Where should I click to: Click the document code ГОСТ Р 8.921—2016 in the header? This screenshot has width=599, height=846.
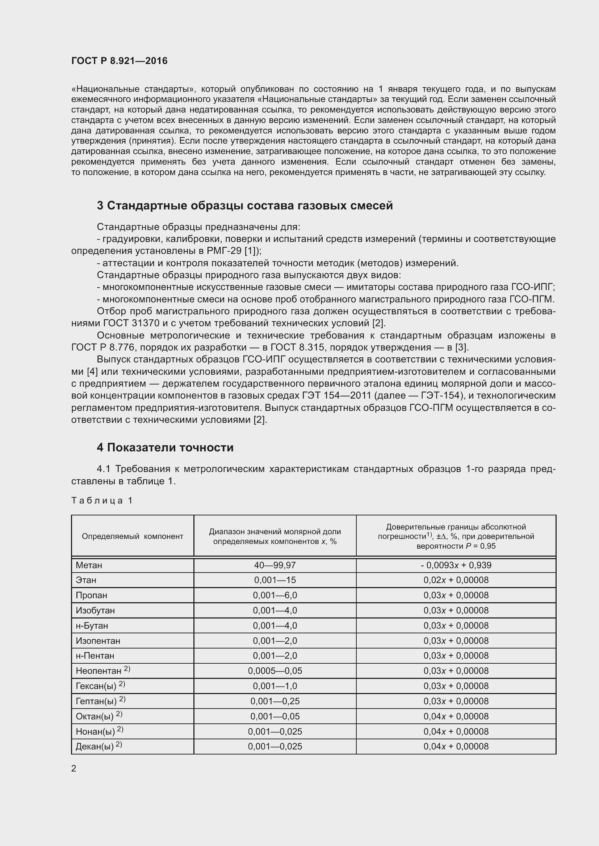click(x=119, y=61)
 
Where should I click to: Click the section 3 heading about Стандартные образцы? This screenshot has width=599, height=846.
click(x=244, y=205)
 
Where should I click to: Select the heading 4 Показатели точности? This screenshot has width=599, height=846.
click(x=165, y=447)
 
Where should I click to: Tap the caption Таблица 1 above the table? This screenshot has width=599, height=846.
click(x=102, y=500)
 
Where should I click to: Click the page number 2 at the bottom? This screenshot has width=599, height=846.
click(x=74, y=768)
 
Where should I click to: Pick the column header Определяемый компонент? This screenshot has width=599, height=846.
click(x=133, y=536)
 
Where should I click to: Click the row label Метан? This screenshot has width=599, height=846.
click(x=89, y=565)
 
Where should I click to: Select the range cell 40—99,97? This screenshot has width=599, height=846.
click(x=275, y=565)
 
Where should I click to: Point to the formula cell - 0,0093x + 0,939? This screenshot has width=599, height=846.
click(x=456, y=565)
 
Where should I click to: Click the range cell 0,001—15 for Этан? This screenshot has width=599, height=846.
click(x=275, y=580)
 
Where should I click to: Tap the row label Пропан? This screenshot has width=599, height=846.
click(x=92, y=595)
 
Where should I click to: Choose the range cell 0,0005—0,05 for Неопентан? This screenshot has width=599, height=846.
click(x=275, y=671)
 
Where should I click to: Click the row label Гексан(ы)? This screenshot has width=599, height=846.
click(x=96, y=686)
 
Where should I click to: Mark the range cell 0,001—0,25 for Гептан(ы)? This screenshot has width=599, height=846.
click(x=275, y=701)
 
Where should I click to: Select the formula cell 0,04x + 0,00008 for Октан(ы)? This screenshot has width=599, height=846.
click(x=456, y=716)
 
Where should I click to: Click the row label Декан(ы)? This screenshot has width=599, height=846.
click(x=95, y=747)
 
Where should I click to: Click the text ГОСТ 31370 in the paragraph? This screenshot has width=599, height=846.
click(x=131, y=323)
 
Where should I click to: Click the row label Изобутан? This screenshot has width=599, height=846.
click(x=95, y=611)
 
